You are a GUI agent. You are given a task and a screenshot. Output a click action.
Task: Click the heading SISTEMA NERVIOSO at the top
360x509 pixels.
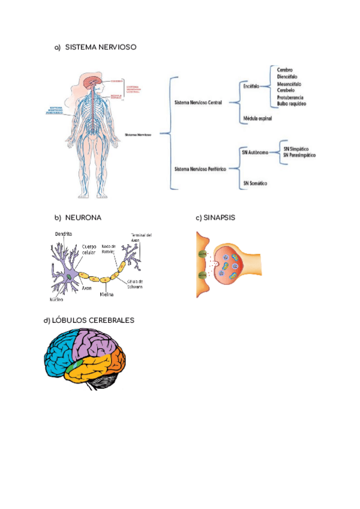pyautogui.click(x=100, y=47)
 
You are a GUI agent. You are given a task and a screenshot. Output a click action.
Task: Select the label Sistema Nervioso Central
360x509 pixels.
pyautogui.click(x=197, y=103)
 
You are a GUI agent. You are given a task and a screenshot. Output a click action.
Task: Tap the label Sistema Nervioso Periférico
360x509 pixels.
pyautogui.click(x=199, y=170)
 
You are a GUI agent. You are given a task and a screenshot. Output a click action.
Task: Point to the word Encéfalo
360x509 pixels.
pyautogui.click(x=251, y=86)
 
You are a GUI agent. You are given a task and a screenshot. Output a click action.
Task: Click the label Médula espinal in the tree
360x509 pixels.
pyautogui.click(x=257, y=118)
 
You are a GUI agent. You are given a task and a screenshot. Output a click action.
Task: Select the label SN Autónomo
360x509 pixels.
pyautogui.click(x=254, y=152)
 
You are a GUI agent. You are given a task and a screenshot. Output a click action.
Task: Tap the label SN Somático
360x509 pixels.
pyautogui.click(x=254, y=182)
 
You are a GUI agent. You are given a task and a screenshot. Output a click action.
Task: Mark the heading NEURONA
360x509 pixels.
pyautogui.click(x=83, y=218)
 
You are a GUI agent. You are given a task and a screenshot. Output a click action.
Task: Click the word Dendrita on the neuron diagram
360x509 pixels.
pyautogui.click(x=64, y=233)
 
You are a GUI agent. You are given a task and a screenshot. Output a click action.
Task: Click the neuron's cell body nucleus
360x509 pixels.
pyautogui.click(x=70, y=276)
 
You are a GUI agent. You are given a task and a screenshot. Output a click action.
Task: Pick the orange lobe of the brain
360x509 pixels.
pyautogui.click(x=115, y=362)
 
